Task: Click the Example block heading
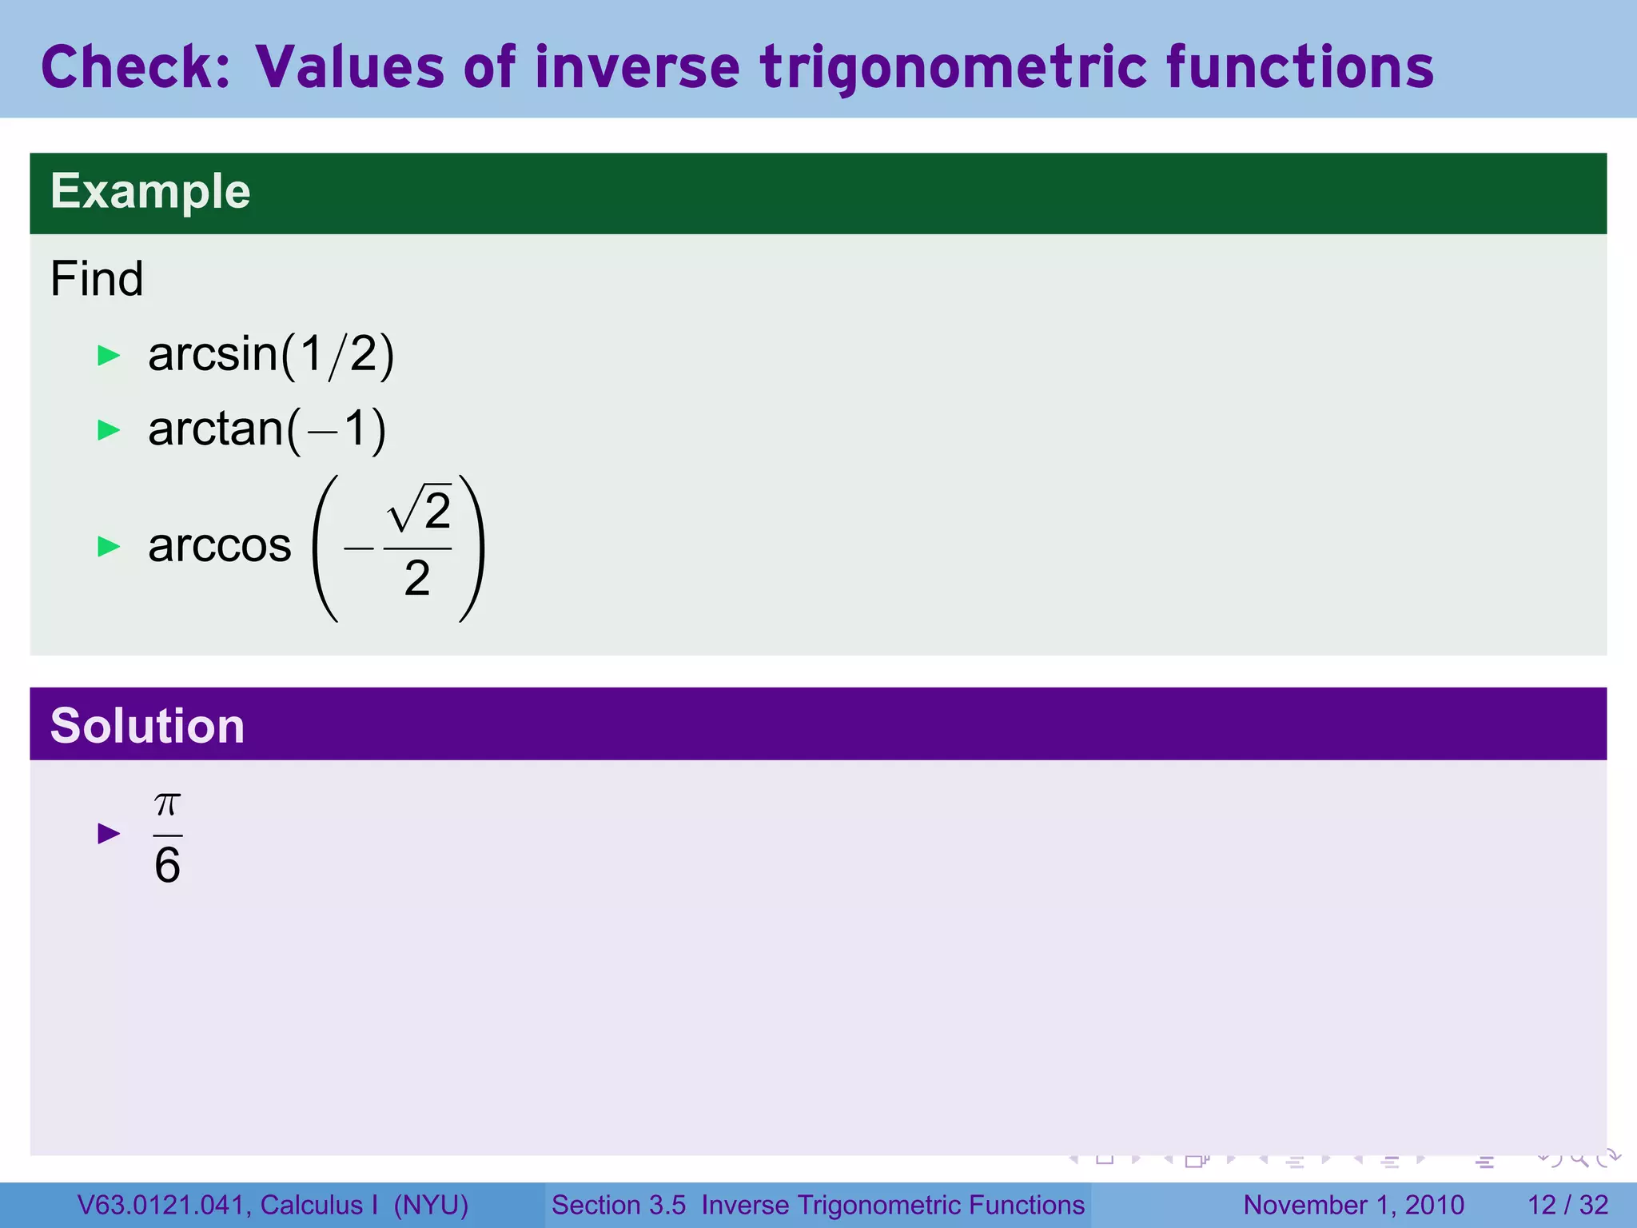click(150, 192)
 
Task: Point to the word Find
click(97, 279)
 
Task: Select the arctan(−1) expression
click(267, 429)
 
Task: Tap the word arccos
click(220, 546)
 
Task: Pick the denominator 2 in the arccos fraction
click(416, 578)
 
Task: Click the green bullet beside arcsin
click(108, 356)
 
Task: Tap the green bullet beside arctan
click(108, 431)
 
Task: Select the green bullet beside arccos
click(108, 547)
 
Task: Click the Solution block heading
click(147, 726)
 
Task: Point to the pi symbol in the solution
click(167, 803)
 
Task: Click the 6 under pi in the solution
click(167, 866)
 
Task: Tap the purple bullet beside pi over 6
click(108, 834)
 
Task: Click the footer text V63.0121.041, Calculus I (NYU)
click(273, 1205)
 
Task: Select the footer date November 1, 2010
click(1353, 1205)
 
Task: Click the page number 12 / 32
click(1567, 1205)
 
